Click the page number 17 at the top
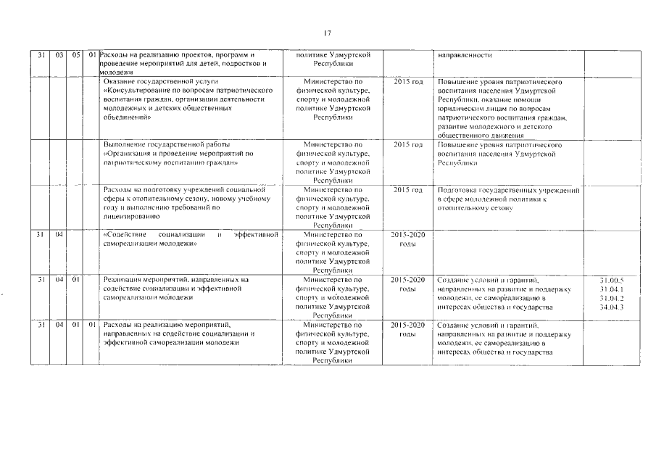(x=328, y=33)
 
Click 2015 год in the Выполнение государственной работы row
(x=407, y=145)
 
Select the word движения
(x=502, y=136)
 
